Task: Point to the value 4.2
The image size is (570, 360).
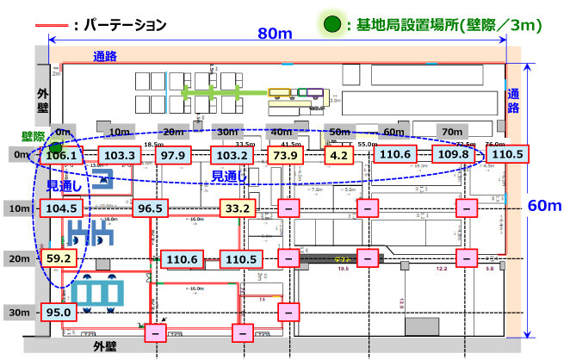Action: click(x=338, y=156)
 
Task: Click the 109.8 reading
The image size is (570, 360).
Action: click(x=454, y=156)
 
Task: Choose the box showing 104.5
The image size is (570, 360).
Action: click(x=61, y=208)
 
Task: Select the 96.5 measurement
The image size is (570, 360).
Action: click(x=151, y=208)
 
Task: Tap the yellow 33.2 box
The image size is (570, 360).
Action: click(x=236, y=208)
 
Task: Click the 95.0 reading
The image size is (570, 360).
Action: click(x=58, y=312)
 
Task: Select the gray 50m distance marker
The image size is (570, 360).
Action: click(x=342, y=132)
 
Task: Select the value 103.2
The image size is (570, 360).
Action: click(x=230, y=156)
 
